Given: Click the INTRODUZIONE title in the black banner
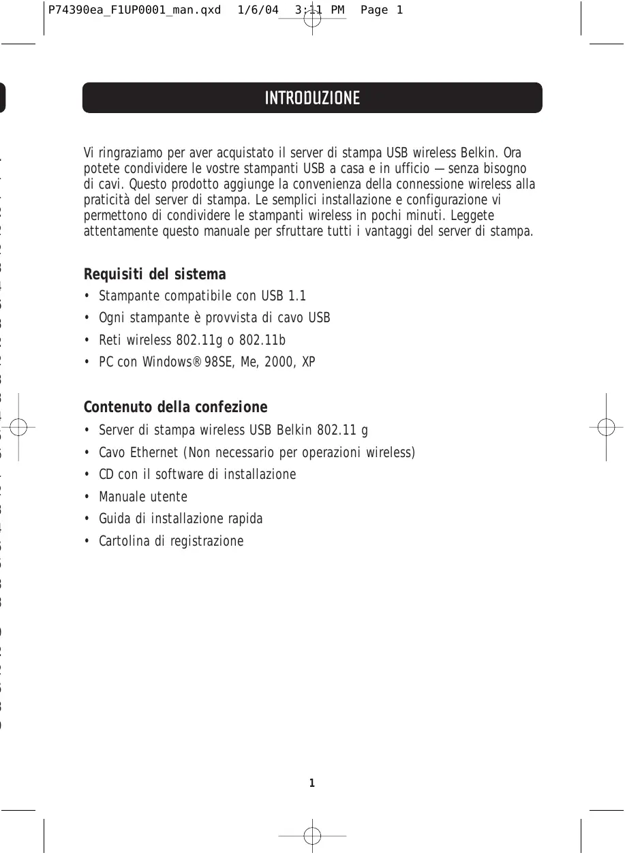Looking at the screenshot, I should [312, 98].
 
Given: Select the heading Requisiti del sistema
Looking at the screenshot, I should [155, 275].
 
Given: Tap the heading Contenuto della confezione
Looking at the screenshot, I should [175, 407].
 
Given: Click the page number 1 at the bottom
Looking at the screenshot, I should [312, 783].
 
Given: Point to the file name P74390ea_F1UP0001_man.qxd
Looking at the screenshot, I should [135, 10].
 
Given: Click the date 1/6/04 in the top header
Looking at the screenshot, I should [258, 10].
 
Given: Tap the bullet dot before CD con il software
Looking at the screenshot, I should [87, 475].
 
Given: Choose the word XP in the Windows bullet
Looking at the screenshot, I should [308, 362].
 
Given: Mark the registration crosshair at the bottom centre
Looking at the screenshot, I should [312, 835].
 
